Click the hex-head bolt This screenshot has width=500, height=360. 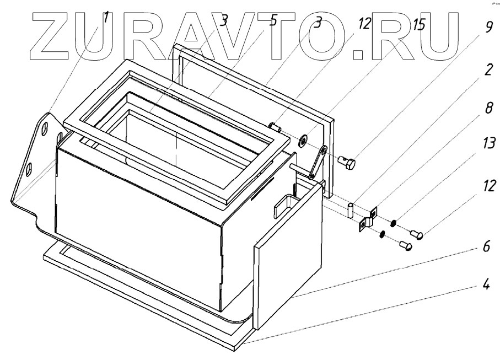click(348, 163)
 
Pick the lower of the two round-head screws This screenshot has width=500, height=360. click(407, 246)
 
